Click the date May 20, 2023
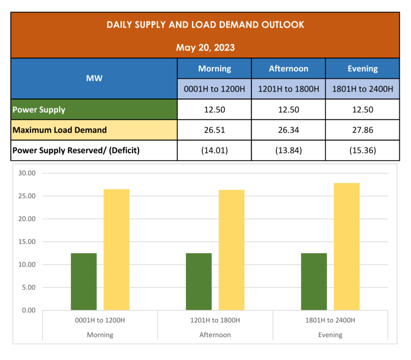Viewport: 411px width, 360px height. click(x=205, y=48)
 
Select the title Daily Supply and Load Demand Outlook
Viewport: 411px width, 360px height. click(x=205, y=25)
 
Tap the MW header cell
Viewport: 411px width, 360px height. click(x=94, y=78)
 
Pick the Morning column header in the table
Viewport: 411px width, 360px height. click(x=214, y=69)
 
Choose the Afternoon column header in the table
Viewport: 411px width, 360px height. click(x=288, y=69)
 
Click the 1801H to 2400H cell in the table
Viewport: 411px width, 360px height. click(x=362, y=89)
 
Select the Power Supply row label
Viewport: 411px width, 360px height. click(x=39, y=110)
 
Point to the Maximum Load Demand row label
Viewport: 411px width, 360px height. click(x=59, y=130)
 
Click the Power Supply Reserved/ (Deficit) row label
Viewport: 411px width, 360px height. click(x=76, y=151)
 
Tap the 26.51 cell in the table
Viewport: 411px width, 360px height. click(x=214, y=130)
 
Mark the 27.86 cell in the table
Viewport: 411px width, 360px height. click(x=362, y=130)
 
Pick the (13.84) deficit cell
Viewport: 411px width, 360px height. click(x=288, y=151)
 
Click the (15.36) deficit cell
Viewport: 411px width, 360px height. click(x=362, y=151)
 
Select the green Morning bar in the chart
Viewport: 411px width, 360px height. click(x=84, y=282)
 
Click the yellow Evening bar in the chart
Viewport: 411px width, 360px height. click(x=347, y=247)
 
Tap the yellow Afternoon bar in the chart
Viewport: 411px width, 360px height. click(x=232, y=250)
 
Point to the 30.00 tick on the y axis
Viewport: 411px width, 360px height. click(x=27, y=173)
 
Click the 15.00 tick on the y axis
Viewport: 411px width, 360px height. click(x=27, y=242)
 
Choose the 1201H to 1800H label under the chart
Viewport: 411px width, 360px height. click(x=215, y=320)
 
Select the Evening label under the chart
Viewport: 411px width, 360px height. click(x=330, y=335)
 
